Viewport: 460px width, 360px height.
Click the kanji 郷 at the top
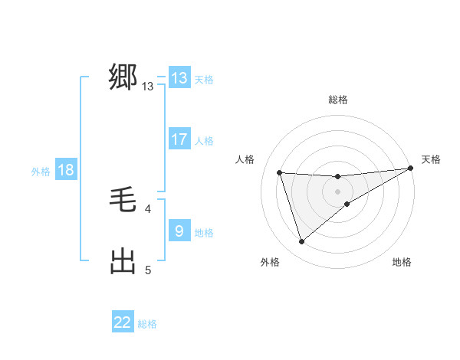pyautogui.click(x=123, y=78)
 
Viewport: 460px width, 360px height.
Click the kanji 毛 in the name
pyautogui.click(x=123, y=201)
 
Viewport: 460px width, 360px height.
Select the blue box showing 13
pyautogui.click(x=179, y=78)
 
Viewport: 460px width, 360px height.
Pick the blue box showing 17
pyautogui.click(x=179, y=139)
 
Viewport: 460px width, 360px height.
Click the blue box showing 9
pyautogui.click(x=179, y=231)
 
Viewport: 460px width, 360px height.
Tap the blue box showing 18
pyautogui.click(x=66, y=170)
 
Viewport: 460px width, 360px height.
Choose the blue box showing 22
pyautogui.click(x=123, y=322)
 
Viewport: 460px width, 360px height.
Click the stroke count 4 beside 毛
pyautogui.click(x=148, y=208)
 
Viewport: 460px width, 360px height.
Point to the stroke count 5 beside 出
pyautogui.click(x=148, y=270)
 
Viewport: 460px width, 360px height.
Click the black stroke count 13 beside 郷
pyautogui.click(x=148, y=87)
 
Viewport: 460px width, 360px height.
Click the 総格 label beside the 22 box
pyautogui.click(x=147, y=324)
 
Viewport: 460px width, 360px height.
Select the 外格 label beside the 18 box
pyautogui.click(x=41, y=172)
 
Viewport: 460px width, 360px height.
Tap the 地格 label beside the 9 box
pyautogui.click(x=204, y=233)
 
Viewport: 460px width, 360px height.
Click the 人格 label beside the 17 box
pyautogui.click(x=204, y=141)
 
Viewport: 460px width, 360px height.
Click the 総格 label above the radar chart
pyautogui.click(x=337, y=100)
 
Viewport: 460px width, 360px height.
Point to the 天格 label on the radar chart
pyautogui.click(x=431, y=159)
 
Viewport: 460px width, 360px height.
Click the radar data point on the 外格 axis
pyautogui.click(x=301, y=242)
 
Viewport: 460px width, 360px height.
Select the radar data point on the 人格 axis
pyautogui.click(x=280, y=172)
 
